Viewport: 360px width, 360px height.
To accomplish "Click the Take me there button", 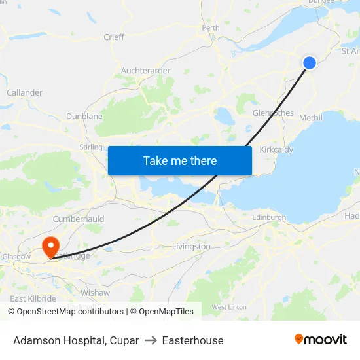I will coord(180,160).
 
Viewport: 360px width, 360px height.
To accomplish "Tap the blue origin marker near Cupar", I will coord(310,62).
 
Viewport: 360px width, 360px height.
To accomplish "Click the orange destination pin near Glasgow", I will coord(50,247).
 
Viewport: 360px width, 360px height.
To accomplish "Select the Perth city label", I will coord(211,28).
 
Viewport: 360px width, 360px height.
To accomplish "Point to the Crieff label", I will coord(114,37).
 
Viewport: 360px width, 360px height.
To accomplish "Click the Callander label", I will coord(24,93).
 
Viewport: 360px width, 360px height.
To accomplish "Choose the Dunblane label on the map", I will coord(84,117).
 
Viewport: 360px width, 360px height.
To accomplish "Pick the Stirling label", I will coord(91,147).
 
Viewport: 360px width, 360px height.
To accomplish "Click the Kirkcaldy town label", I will coord(276,149).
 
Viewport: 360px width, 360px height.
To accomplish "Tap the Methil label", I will coord(310,118).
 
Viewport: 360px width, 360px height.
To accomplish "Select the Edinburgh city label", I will coord(269,217).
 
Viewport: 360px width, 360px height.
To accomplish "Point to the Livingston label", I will coord(191,247).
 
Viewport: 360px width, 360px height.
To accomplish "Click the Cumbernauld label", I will coord(79,219).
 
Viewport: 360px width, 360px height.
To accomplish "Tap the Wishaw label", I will coord(95,293).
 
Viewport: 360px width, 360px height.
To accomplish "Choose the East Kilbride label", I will coord(33,298).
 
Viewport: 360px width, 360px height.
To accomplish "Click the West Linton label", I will coord(229,306).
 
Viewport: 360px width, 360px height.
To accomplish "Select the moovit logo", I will coord(321,340).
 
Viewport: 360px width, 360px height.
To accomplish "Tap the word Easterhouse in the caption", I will coord(192,340).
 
